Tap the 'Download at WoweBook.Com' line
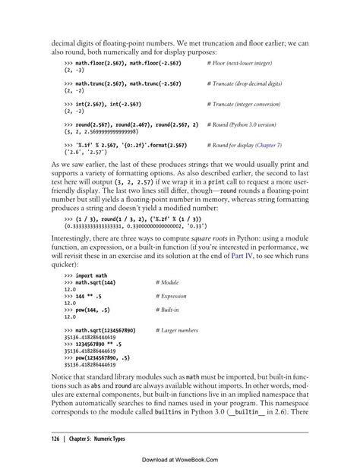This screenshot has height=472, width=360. pyautogui.click(x=179, y=460)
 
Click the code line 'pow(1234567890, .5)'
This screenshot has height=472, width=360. pyautogui.click(x=106, y=358)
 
